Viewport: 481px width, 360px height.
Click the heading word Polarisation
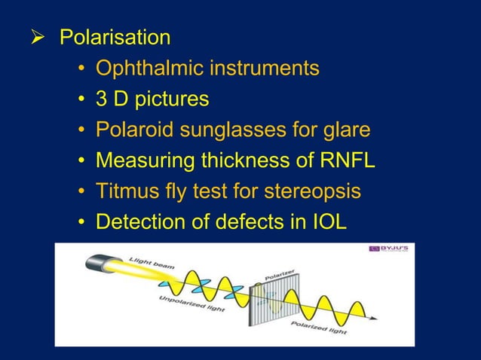click(115, 37)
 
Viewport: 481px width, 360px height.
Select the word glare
click(345, 130)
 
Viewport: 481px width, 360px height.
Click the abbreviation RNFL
click(346, 161)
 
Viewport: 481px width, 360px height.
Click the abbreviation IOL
click(329, 223)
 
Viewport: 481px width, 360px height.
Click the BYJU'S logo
click(388, 249)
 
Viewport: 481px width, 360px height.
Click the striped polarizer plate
click(268, 303)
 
